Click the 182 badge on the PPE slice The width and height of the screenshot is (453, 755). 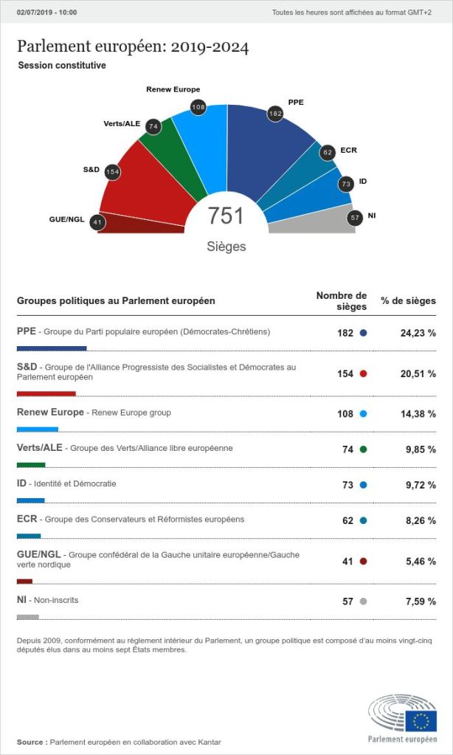point(275,114)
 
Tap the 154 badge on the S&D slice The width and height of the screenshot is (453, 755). point(112,172)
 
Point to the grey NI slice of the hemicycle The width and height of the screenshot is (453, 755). point(310,221)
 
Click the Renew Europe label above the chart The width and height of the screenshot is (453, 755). point(173,89)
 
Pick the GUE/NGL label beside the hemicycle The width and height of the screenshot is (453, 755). point(66,219)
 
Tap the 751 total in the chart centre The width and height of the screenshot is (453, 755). point(226,216)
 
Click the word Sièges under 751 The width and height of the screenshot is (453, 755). point(226,247)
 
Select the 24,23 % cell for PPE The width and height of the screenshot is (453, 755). point(418,333)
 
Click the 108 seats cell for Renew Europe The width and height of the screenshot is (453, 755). point(345,414)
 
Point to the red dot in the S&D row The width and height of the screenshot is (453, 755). point(363,373)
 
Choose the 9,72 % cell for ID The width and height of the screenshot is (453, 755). point(418,485)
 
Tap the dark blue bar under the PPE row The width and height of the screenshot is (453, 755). point(51,348)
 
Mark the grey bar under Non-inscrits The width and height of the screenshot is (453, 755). point(27,617)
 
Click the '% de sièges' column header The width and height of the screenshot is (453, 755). point(408,300)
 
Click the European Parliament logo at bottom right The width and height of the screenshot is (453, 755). point(402,717)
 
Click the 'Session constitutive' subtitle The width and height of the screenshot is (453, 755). point(62,65)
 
